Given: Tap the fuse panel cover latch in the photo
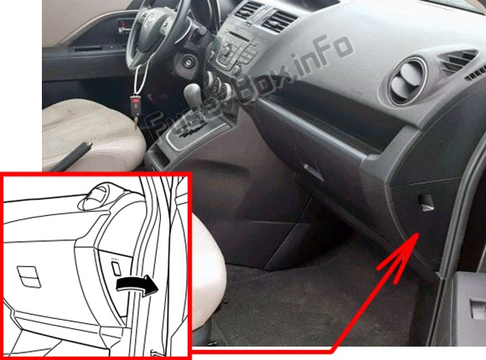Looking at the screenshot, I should coord(426,202).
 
